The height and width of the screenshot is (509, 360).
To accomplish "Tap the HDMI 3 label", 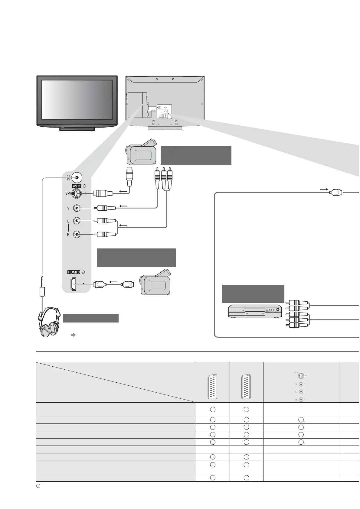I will click(74, 272).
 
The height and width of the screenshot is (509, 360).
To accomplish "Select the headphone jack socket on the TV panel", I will click(77, 178).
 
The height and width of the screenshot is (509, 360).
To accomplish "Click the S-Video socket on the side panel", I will click(77, 193).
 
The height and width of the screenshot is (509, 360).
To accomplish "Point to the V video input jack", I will click(77, 208).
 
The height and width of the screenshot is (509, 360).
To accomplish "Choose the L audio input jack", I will click(77, 221).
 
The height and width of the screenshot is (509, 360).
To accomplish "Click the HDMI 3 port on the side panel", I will click(74, 284).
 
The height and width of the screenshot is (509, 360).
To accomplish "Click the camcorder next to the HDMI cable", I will click(156, 283).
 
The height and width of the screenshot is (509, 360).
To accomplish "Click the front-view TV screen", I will click(77, 100).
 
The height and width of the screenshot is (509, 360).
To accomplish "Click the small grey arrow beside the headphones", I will click(73, 335).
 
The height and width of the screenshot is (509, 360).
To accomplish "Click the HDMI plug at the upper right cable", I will click(336, 192).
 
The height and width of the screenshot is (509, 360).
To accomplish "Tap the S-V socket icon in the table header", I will click(300, 376).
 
